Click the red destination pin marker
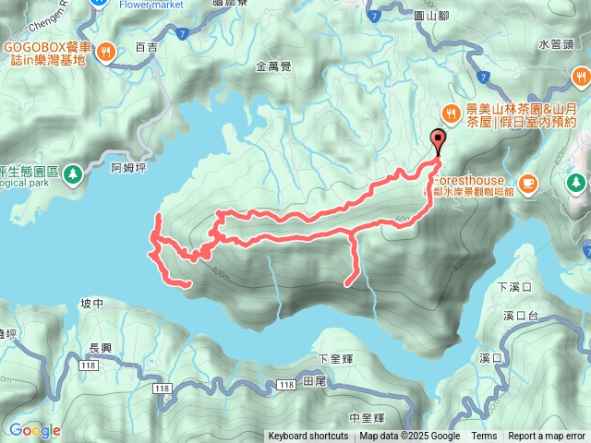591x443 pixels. pos(438,140)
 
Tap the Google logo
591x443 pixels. pos(35,430)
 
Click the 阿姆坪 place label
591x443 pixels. pos(128,167)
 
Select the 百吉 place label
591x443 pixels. pos(146,46)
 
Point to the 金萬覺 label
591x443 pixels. pos(274,66)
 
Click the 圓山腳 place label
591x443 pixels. pos(431,15)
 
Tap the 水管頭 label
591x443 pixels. pos(556,43)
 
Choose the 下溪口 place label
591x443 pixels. pos(515,287)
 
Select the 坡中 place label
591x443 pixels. pos(93,303)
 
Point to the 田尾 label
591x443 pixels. pos(314,381)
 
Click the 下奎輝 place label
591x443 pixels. pos(334,358)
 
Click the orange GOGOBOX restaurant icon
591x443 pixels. pos(108,53)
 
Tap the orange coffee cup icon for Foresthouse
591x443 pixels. pos(528,182)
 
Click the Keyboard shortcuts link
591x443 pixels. pos(308,437)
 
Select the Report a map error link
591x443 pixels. pos(546,437)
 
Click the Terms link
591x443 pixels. pos(484,437)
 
